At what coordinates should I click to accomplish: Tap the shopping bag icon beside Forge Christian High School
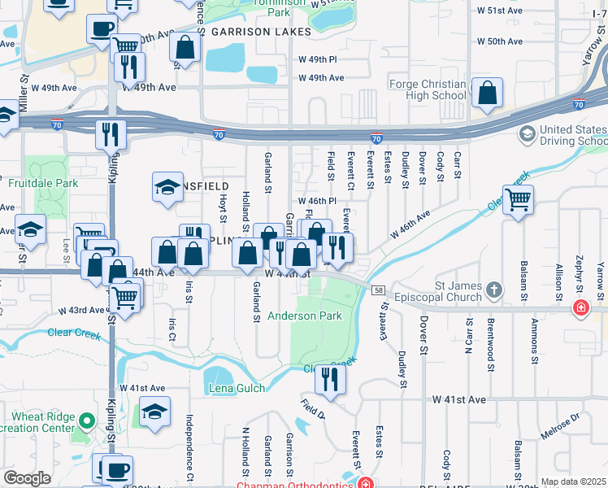click(x=486, y=94)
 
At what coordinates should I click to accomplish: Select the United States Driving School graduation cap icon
click(x=528, y=133)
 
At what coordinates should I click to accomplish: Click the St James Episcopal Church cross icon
click(x=493, y=290)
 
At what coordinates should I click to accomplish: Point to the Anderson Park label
click(x=305, y=316)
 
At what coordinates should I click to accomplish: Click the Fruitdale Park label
click(x=43, y=183)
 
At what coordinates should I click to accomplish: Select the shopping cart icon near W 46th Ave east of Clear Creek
click(x=517, y=198)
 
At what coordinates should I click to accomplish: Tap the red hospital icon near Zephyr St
click(x=580, y=308)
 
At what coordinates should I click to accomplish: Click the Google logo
click(x=28, y=478)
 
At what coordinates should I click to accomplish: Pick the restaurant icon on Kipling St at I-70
click(x=111, y=133)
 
